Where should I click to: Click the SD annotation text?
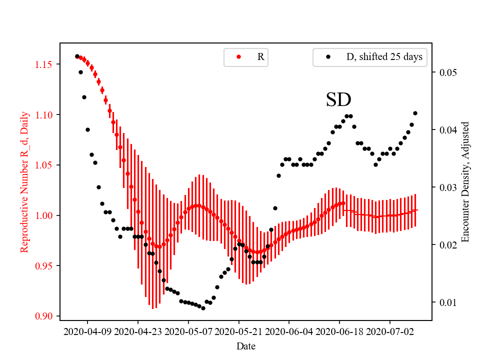pos(338,100)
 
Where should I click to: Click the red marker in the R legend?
pos(238,57)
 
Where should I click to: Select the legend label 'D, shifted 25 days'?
pos(384,57)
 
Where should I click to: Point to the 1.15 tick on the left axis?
pos(45,64)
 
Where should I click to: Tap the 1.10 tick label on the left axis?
pos(45,115)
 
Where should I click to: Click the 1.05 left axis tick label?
pos(45,165)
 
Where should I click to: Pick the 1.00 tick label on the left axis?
pos(45,215)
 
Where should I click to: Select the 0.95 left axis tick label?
pos(45,266)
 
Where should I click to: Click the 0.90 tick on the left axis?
pos(45,316)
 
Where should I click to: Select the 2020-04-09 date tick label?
pos(88,331)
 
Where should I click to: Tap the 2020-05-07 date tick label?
pos(188,331)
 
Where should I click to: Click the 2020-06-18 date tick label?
pos(339,331)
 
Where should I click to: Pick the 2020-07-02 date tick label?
pos(390,331)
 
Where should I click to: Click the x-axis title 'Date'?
pos(246,345)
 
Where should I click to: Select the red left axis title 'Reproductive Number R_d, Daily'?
pos(24,181)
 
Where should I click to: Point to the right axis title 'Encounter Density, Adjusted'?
pos(466,181)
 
